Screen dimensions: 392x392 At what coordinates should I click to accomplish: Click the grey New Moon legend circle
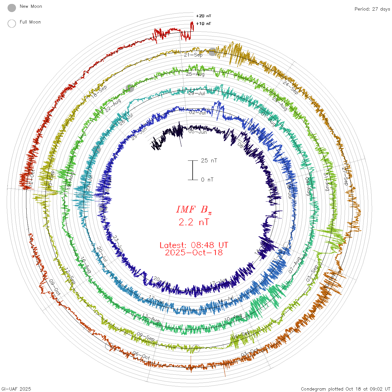point(12,8)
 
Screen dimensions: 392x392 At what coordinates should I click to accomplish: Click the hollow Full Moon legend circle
point(12,24)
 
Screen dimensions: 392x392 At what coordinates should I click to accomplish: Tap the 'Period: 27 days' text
point(372,9)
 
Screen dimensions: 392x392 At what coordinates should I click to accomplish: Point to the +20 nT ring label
point(204,16)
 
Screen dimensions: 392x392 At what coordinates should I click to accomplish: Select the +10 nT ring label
point(204,24)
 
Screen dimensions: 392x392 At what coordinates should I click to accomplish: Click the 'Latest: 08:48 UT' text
point(194,245)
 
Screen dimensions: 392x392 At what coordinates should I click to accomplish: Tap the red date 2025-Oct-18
point(194,253)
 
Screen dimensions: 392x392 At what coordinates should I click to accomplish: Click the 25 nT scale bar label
point(209,160)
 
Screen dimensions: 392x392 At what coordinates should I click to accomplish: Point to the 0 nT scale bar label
point(207,179)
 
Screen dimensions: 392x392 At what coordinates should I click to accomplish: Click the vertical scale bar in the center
point(193,170)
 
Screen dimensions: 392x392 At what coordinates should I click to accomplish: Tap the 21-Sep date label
point(193,55)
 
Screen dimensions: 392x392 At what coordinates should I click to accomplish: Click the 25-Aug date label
point(195,74)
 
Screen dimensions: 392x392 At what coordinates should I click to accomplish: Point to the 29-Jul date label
point(197,93)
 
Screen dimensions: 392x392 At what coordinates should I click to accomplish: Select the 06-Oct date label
point(141,356)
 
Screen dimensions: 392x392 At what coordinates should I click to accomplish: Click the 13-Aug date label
point(151,318)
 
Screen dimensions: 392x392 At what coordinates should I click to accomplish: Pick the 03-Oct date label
point(250,353)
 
